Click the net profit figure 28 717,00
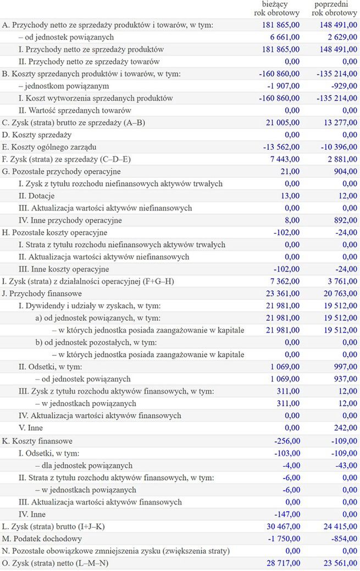pos(283,563)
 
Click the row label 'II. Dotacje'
pos(36,196)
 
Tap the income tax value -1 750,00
pos(283,539)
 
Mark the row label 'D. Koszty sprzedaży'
pos(37,135)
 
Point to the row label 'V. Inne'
pos(30,428)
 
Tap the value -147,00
pos(287,514)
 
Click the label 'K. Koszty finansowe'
pos(37,441)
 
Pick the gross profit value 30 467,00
pos(283,526)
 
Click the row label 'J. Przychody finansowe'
pos(42,293)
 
